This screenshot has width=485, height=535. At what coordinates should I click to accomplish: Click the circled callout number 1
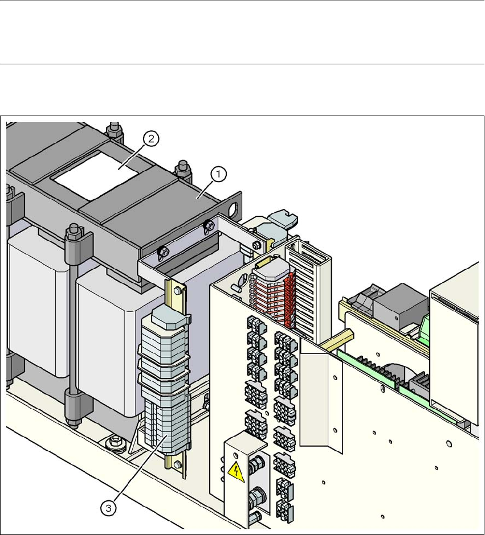point(218,175)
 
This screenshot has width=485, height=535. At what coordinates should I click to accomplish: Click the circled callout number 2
point(150,139)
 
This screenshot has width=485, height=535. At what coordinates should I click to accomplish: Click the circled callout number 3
point(108,508)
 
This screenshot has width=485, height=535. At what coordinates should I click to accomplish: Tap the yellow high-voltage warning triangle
point(237,472)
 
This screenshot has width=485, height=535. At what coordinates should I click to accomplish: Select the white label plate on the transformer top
point(96,175)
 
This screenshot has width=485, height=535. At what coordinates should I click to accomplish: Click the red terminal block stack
point(273,297)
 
